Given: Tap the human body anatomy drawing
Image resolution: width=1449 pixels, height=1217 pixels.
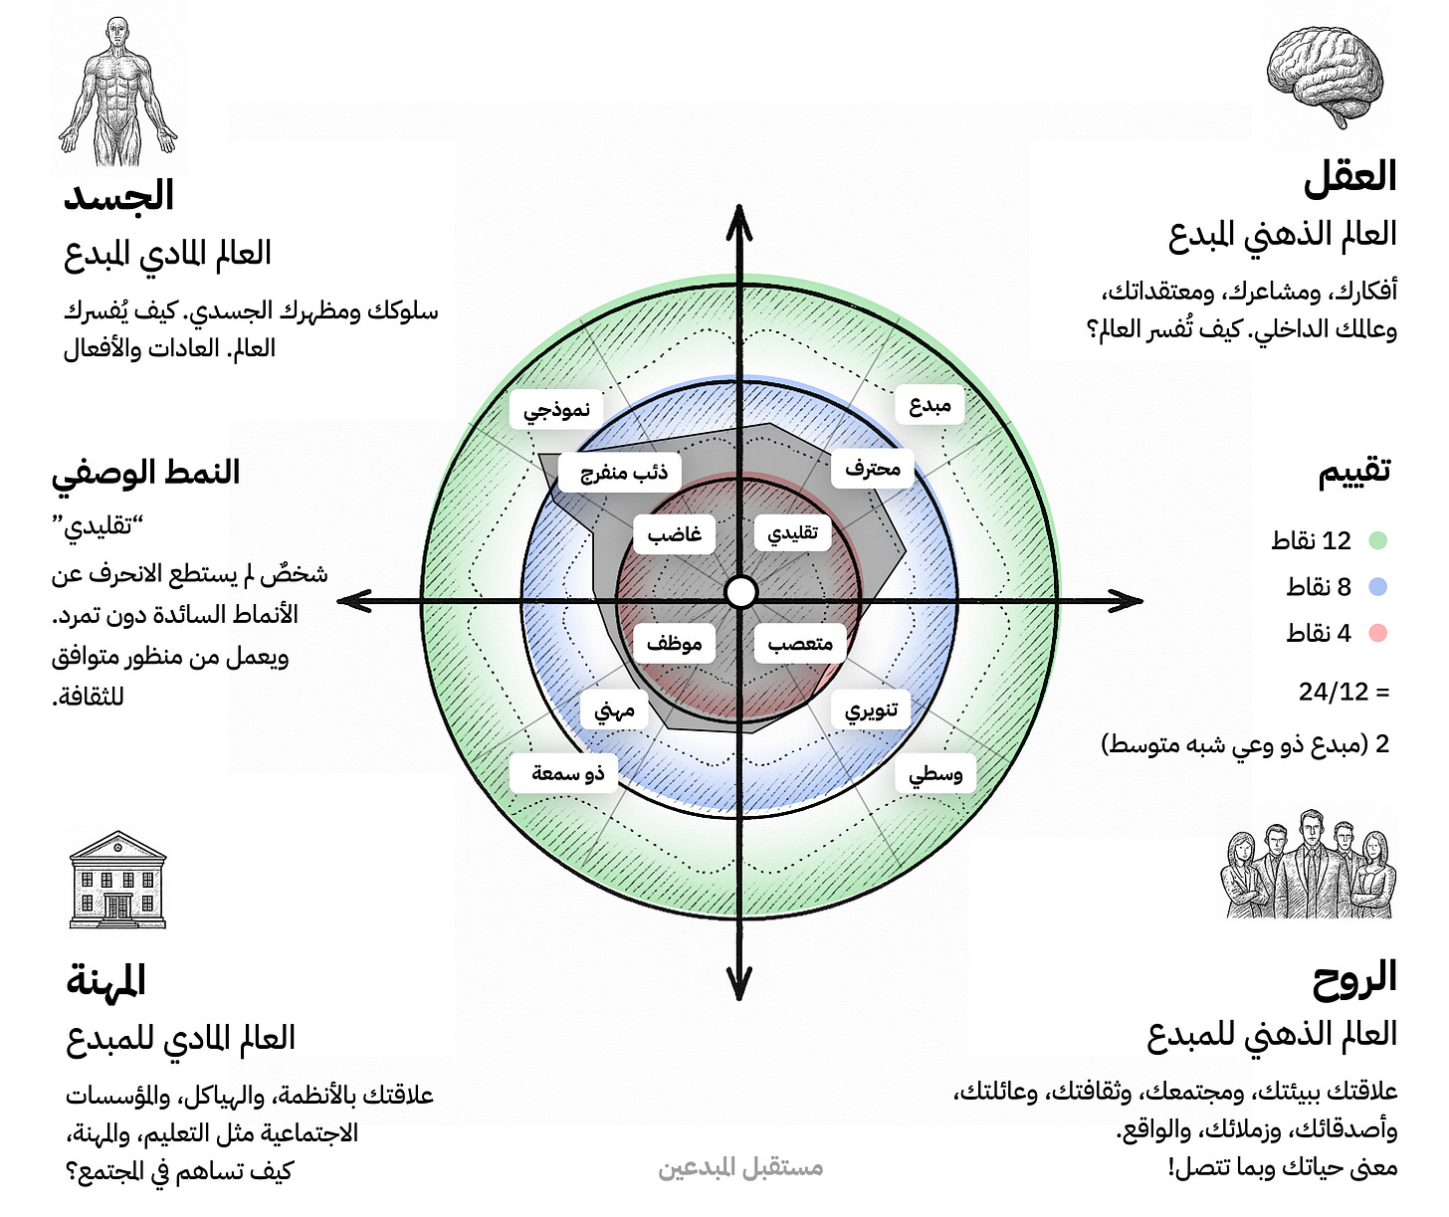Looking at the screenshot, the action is point(118,92).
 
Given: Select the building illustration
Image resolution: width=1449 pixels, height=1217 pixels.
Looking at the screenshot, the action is point(118,880).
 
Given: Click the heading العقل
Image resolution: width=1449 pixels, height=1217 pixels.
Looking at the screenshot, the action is point(1349,177).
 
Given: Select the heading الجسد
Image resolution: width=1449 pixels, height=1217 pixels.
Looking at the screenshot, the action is point(118,195).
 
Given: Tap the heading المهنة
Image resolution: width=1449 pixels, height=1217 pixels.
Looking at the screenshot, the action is point(106,981).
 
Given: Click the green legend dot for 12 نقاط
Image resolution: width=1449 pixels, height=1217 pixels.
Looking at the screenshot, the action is point(1377,540).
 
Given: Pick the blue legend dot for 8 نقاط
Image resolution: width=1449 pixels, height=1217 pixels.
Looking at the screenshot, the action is point(1377,587).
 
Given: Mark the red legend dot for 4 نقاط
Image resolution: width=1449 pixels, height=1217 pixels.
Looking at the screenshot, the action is point(1377,633).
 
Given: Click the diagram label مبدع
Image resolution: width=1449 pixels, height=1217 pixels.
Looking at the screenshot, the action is point(930,405).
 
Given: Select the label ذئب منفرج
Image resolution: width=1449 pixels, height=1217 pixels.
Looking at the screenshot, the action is point(624,472).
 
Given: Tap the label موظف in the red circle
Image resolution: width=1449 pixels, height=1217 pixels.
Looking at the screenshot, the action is point(674,644).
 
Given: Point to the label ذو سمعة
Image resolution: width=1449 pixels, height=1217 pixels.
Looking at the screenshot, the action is point(567,773).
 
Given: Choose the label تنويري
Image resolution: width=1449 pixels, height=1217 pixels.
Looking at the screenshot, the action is point(871,710).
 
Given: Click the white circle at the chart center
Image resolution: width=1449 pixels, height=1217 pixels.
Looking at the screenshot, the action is point(740,592).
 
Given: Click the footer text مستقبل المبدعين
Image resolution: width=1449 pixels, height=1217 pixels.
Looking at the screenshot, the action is point(740,1167).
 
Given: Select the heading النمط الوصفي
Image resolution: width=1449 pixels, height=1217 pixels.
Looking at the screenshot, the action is point(146,472).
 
